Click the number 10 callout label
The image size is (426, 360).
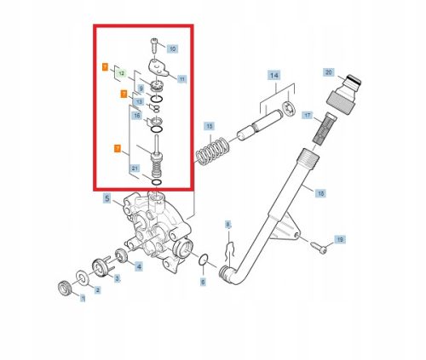[173, 49]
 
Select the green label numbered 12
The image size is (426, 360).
[120, 75]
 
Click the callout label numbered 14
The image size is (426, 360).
[274, 76]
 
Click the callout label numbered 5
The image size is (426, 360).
[107, 199]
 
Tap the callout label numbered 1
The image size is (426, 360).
[83, 299]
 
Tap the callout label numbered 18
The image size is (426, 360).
[320, 193]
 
